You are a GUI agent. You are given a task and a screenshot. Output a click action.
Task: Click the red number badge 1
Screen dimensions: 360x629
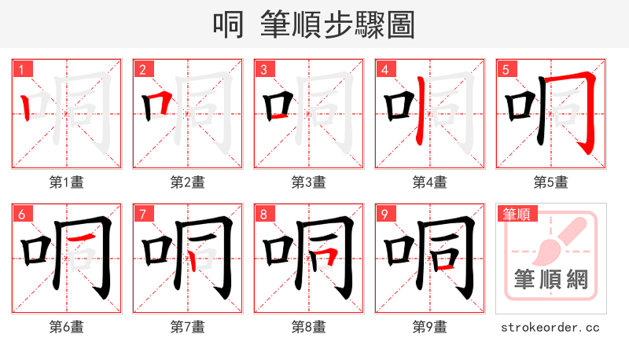[22, 69]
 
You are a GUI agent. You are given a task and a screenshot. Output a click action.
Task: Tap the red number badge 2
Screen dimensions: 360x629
[143, 69]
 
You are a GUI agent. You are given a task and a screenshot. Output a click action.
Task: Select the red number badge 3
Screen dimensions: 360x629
[264, 69]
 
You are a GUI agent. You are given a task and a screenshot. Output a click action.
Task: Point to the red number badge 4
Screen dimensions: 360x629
[385, 69]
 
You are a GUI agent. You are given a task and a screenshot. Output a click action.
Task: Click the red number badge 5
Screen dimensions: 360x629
[506, 69]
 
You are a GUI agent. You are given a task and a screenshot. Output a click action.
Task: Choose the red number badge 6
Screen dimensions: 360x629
[22, 214]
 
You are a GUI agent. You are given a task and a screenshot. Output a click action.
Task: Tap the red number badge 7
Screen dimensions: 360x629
[143, 214]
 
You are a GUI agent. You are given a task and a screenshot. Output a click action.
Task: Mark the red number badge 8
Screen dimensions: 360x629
[264, 214]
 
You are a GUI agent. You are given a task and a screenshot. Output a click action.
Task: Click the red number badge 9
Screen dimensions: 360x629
[385, 214]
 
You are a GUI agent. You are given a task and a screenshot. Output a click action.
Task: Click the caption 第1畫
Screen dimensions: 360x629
[67, 182]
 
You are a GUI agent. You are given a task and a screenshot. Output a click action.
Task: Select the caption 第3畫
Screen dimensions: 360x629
[309, 182]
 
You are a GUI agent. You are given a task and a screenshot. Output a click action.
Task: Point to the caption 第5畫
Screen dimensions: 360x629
[551, 182]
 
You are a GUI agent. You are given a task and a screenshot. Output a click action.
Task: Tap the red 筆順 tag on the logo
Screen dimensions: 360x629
[515, 213]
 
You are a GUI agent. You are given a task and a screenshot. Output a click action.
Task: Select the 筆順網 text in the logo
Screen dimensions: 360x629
[551, 279]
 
